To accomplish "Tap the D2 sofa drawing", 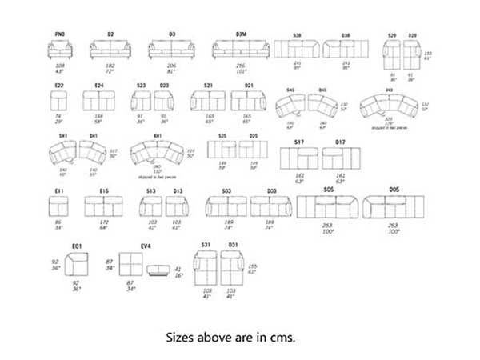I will click(110, 50).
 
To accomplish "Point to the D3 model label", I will click(172, 35).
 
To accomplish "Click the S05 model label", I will click(328, 190).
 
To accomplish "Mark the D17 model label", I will click(340, 142).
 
